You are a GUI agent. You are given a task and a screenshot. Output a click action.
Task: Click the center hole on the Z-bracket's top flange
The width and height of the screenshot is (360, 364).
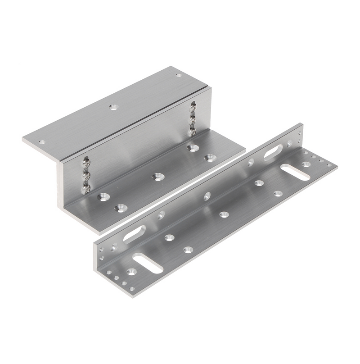click(113, 107)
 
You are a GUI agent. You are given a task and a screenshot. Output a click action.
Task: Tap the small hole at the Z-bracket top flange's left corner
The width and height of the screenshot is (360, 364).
click(42, 142)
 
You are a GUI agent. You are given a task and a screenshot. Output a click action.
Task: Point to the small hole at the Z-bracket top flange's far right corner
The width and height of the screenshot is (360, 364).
click(179, 75)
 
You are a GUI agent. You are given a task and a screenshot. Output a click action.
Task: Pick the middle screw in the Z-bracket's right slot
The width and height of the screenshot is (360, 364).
click(193, 120)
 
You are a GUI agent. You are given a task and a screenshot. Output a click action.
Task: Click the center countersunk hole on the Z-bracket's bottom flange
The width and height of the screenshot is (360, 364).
click(157, 177)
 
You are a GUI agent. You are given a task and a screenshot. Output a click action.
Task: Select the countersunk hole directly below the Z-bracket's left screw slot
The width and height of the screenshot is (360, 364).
click(104, 197)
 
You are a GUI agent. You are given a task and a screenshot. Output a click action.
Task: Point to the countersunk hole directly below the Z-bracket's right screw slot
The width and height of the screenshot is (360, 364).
click(193, 148)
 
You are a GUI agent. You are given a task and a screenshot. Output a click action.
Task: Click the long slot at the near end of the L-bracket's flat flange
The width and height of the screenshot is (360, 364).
click(148, 263)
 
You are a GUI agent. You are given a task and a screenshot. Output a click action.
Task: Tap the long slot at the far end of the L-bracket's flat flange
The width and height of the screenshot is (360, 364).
click(295, 172)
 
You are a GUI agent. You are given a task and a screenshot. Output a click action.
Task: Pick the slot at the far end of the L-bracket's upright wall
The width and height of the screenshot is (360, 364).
click(273, 152)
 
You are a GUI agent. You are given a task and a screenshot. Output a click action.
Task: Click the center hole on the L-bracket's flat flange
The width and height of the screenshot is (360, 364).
click(224, 214)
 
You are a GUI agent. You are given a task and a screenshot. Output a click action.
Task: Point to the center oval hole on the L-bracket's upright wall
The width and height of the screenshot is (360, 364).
click(207, 196)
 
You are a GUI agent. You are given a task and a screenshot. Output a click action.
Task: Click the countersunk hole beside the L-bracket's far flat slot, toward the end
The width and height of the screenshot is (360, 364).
click(306, 164)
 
